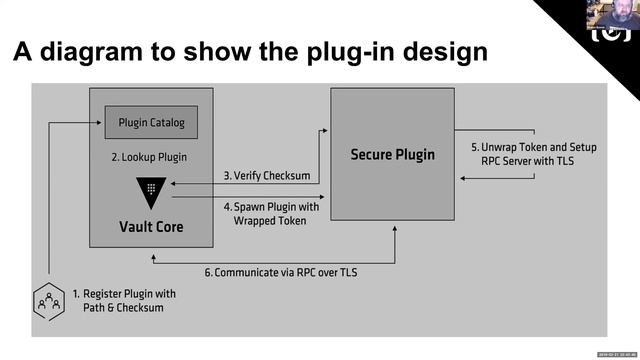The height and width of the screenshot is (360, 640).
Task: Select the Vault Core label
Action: coord(151,227)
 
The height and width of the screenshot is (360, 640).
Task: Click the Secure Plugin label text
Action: coord(392,155)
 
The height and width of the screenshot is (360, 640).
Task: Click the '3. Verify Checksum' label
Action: coord(265,175)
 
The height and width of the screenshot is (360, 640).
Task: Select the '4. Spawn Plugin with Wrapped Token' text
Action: coord(264,213)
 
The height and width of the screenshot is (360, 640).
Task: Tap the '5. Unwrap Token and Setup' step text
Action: coord(533,147)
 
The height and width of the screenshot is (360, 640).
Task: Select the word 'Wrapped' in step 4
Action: coord(254,220)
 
